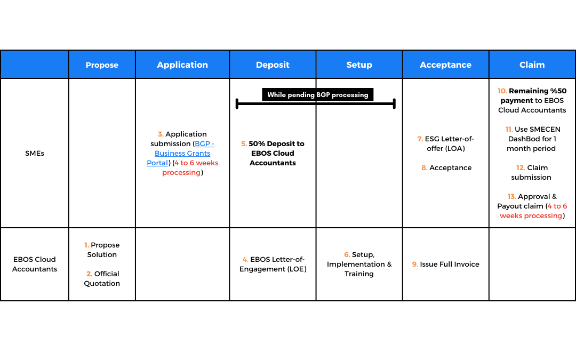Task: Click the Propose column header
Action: tap(102, 65)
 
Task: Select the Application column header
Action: tap(182, 65)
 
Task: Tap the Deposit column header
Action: tap(273, 65)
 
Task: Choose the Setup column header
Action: tap(359, 65)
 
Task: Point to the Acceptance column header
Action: tap(445, 65)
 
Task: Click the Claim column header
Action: tap(532, 65)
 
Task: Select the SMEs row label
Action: tap(35, 153)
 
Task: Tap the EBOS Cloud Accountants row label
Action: tap(35, 264)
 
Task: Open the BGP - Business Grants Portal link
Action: tap(180, 153)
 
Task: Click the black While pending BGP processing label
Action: tap(318, 94)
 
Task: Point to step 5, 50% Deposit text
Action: tap(273, 153)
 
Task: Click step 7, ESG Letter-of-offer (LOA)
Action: tap(445, 143)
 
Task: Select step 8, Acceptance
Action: tap(446, 168)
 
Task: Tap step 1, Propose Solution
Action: tap(102, 250)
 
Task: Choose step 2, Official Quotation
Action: tap(102, 278)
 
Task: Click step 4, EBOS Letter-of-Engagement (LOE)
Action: tap(273, 264)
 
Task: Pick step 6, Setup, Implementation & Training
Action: tap(359, 264)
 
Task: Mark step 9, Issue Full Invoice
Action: tap(445, 264)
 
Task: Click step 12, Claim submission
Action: tap(532, 173)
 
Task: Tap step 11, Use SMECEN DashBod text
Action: tap(532, 139)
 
